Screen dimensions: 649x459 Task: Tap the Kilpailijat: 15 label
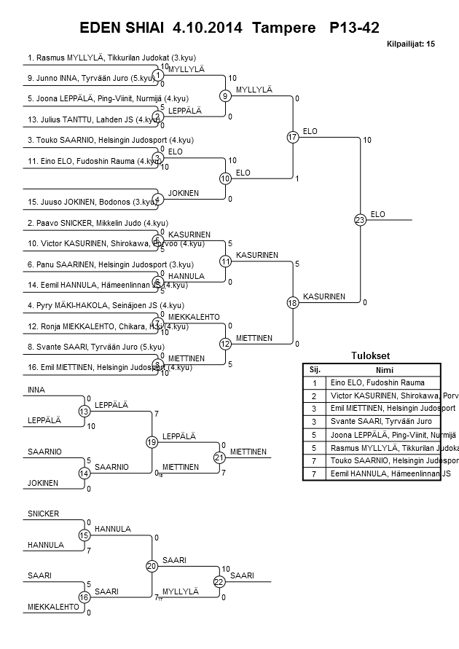pyautogui.click(x=410, y=44)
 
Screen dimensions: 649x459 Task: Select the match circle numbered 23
pyautogui.click(x=359, y=219)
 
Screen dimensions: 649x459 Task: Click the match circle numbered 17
pyautogui.click(x=292, y=137)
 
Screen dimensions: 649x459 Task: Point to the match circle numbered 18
pyautogui.click(x=292, y=302)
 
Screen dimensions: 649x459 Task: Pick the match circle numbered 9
pyautogui.click(x=226, y=95)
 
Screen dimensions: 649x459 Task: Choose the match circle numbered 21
pyautogui.click(x=219, y=457)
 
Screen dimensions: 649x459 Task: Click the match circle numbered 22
pyautogui.click(x=219, y=581)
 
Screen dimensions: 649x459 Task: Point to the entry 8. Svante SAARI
pyautogui.click(x=95, y=347)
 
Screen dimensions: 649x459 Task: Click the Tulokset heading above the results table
pyautogui.click(x=371, y=355)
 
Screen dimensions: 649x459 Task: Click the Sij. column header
pyautogui.click(x=315, y=370)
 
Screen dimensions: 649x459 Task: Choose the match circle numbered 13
pyautogui.click(x=84, y=412)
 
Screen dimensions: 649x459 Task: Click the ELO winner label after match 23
pyautogui.click(x=377, y=214)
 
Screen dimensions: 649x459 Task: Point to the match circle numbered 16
pyautogui.click(x=84, y=597)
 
